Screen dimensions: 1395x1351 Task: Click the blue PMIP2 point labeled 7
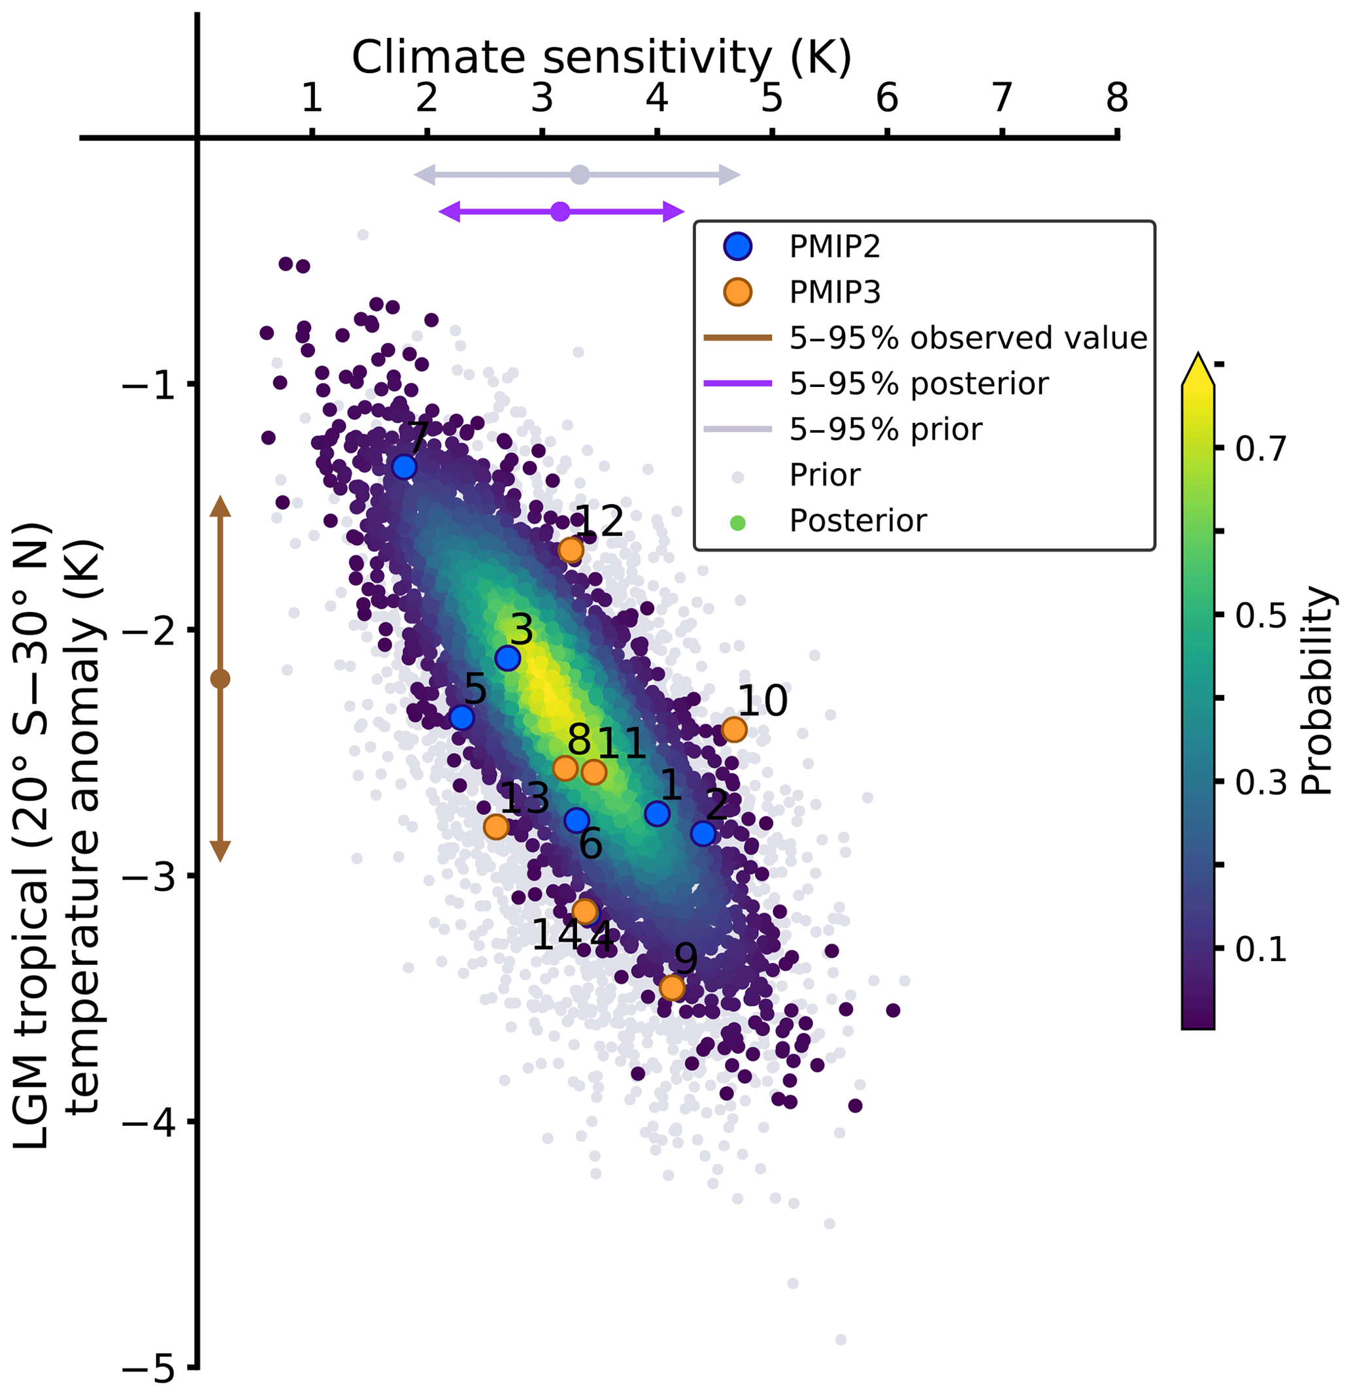[403, 467]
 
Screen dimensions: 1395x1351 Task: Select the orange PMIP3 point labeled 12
[571, 550]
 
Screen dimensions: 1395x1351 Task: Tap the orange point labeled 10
[734, 729]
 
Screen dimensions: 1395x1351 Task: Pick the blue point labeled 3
[507, 658]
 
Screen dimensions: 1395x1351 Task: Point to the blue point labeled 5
[462, 716]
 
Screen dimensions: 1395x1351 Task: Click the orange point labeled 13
[496, 826]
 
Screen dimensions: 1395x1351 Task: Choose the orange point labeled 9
[672, 987]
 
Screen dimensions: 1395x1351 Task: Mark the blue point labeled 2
[703, 833]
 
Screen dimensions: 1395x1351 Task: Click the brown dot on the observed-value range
[221, 679]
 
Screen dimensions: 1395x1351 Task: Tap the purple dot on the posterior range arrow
[560, 211]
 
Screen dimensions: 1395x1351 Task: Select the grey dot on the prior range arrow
[580, 175]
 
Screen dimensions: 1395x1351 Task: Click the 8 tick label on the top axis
[1117, 97]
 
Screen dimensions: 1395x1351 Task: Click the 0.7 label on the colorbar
[1261, 449]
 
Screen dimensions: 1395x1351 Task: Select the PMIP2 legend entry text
[835, 247]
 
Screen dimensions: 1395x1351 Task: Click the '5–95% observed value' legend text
[968, 338]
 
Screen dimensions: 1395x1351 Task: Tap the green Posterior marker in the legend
[738, 523]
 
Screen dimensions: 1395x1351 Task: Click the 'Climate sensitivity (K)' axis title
[601, 57]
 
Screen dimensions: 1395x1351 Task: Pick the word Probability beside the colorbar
[1316, 690]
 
